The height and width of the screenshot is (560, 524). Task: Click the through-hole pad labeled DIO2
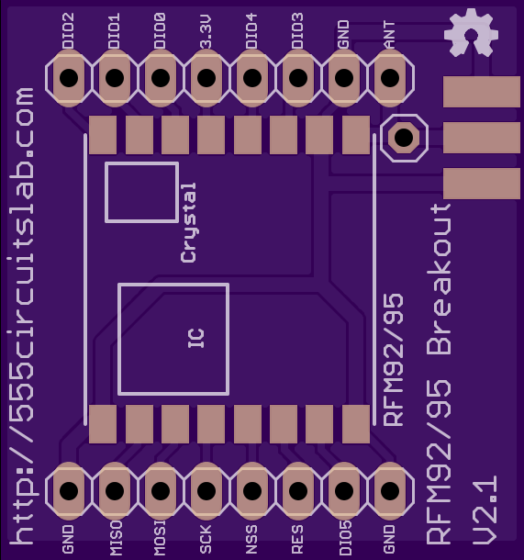(69, 78)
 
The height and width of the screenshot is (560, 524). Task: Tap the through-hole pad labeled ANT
(390, 78)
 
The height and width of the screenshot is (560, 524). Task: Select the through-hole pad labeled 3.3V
(206, 78)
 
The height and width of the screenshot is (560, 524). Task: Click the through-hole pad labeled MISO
(115, 490)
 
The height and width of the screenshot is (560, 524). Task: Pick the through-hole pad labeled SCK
(206, 490)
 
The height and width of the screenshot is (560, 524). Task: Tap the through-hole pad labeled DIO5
(344, 490)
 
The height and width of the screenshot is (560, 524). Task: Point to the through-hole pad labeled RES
(298, 490)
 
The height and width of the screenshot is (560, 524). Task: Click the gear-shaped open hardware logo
(471, 33)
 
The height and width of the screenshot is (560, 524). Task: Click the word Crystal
(188, 223)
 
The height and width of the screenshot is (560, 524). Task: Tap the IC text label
(196, 338)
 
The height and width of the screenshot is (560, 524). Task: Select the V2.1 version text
(485, 510)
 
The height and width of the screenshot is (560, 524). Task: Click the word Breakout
(439, 279)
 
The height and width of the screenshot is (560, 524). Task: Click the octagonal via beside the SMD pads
(404, 138)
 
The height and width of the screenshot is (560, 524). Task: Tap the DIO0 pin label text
(160, 30)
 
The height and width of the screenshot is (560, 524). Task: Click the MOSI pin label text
(160, 538)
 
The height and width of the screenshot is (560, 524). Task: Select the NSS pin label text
(251, 539)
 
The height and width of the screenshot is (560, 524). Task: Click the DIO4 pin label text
(251, 30)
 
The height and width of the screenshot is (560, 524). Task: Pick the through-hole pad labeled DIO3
(298, 78)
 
